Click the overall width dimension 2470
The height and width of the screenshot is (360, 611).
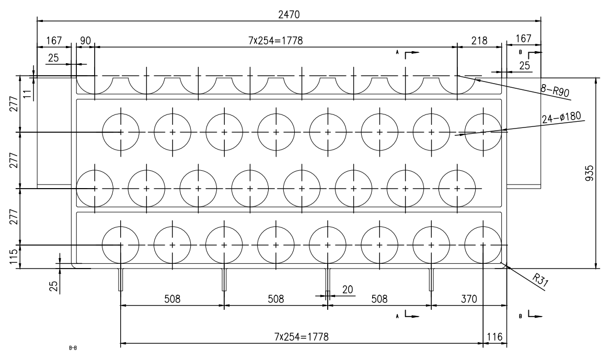(x=289, y=15)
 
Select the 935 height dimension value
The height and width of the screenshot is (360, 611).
(x=590, y=173)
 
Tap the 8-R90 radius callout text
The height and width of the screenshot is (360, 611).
(x=555, y=90)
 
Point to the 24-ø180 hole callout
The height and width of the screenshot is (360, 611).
(x=561, y=117)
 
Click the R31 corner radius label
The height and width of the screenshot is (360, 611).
(x=540, y=280)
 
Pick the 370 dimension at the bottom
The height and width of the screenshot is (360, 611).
(x=469, y=299)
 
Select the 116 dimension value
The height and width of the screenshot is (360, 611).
(x=494, y=336)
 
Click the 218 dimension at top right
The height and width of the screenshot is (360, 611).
(x=479, y=41)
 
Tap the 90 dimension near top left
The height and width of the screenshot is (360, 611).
(x=85, y=41)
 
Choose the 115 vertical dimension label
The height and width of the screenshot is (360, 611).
(x=14, y=257)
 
